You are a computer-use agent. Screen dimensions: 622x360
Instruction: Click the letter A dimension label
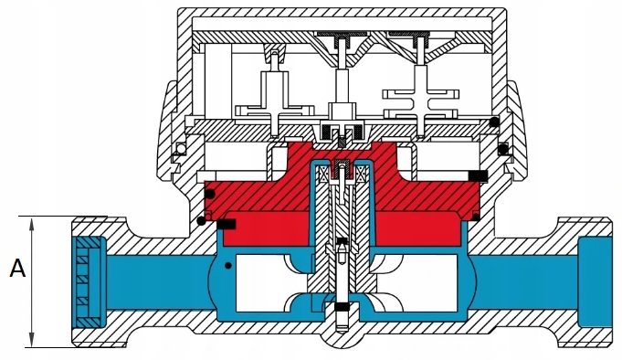(x=16, y=269)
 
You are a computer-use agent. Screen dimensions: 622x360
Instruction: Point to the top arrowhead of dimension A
(x=33, y=220)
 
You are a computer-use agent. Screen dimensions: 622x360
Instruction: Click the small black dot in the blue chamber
(x=228, y=265)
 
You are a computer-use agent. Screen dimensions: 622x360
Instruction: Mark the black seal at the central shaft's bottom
(x=342, y=306)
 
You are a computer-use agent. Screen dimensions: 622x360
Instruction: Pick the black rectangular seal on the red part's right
(x=478, y=175)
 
